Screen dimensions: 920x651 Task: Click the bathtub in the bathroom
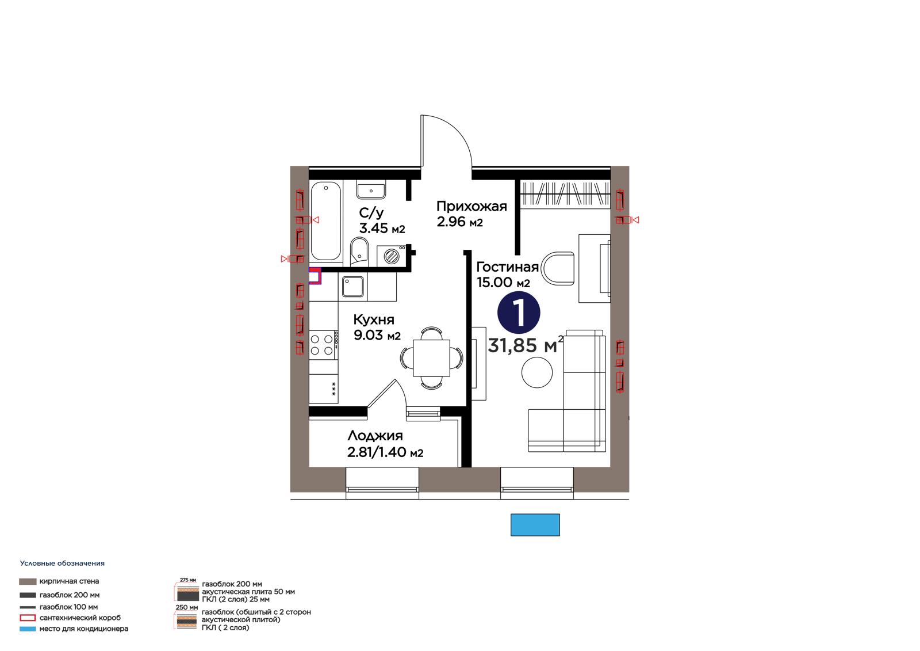(x=326, y=221)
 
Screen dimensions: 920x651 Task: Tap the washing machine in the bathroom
(x=392, y=256)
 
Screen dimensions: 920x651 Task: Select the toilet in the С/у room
(x=359, y=252)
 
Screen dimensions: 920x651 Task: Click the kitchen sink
(x=353, y=287)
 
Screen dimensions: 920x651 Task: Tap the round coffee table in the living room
(x=537, y=372)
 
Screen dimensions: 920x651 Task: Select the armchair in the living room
(x=558, y=268)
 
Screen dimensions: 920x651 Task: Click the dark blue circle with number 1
(x=519, y=312)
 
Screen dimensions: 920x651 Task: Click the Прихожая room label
(x=471, y=206)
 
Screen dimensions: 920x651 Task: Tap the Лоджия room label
(x=375, y=436)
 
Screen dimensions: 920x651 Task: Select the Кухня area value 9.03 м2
(x=377, y=336)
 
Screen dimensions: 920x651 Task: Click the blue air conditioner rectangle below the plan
(x=535, y=525)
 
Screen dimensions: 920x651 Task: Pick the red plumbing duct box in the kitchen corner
(x=315, y=276)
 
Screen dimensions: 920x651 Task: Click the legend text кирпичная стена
(x=70, y=581)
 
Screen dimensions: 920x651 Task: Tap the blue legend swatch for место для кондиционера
(x=28, y=629)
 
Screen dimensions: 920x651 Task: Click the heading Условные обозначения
(x=63, y=564)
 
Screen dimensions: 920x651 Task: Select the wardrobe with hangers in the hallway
(x=565, y=194)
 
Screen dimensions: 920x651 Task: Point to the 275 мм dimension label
(x=188, y=580)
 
